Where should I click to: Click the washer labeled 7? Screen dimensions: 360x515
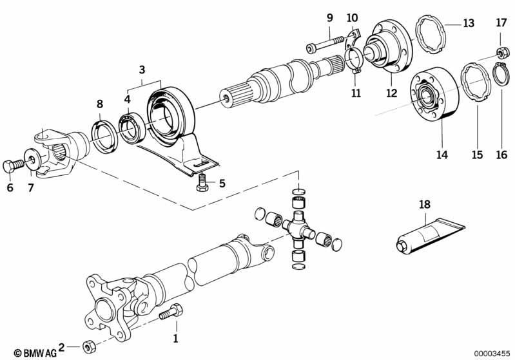[31, 159]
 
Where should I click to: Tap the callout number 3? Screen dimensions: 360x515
[142, 69]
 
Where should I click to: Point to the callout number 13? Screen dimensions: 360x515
[469, 24]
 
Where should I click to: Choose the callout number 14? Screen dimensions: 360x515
[442, 155]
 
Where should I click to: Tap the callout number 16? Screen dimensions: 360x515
[501, 155]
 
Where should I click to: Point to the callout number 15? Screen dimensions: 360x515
[477, 155]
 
